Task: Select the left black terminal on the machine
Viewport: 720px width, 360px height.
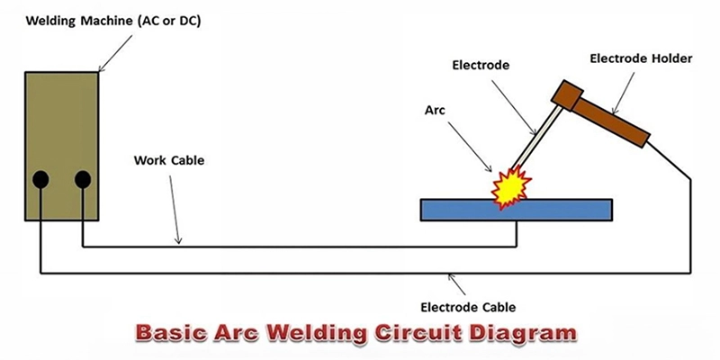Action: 40,180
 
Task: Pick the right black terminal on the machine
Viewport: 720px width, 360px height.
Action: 83,180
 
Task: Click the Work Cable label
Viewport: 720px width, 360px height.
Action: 169,161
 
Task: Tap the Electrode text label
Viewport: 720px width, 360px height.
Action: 481,66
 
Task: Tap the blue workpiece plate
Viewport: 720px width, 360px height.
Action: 558,210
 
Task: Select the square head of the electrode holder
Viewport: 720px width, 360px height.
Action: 567,94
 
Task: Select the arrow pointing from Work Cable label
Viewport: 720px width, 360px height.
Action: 175,207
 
